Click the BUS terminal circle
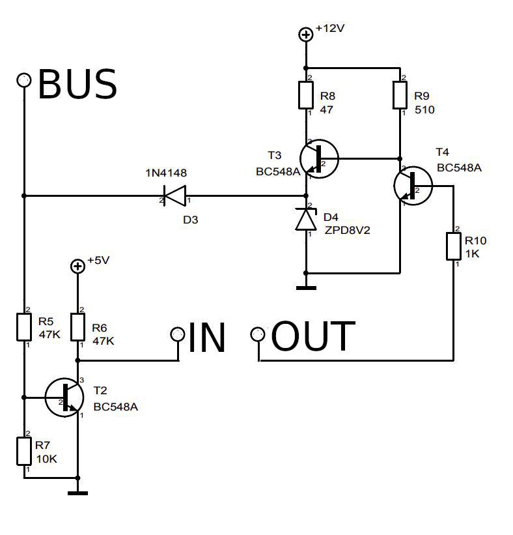pos(24,80)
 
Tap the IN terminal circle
pos(177,334)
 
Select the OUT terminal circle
pos(258,335)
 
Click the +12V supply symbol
pos(306,35)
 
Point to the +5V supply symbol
pos(77,266)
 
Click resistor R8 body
pos(306,96)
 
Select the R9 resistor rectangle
pos(400,96)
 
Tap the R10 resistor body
pos(453,246)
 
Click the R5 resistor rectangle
pos(24,326)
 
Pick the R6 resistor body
pos(77,326)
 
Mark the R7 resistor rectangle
pos(24,452)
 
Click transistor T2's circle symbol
pos(64,396)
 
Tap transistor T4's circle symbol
pos(413,186)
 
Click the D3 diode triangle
pos(174,195)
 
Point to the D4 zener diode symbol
pos(306,220)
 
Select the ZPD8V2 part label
pos(347,229)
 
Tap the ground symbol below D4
pos(306,287)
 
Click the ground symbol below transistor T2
pos(77,493)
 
